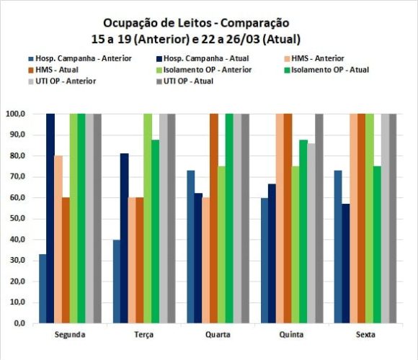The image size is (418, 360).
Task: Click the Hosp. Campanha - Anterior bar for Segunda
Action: pos(43,289)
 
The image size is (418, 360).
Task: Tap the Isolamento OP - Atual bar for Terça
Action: pos(156,232)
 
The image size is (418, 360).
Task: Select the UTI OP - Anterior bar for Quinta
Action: pos(311,233)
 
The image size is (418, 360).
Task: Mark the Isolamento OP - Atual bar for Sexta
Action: pos(376,245)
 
